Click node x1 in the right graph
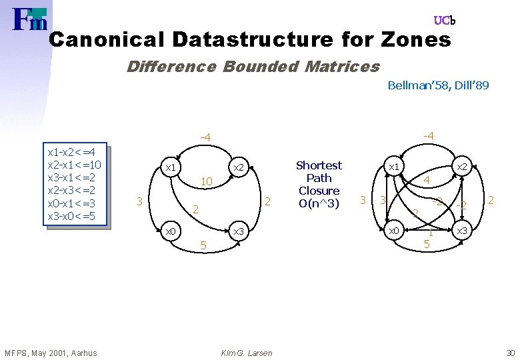[x=394, y=166]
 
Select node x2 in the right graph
[x=460, y=166]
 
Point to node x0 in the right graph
[x=394, y=231]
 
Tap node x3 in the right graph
[x=460, y=231]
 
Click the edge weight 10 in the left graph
[x=206, y=181]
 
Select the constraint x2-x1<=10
[x=75, y=165]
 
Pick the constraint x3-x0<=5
[x=72, y=216]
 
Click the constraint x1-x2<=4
[x=72, y=153]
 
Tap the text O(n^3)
[x=319, y=203]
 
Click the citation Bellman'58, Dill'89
[x=438, y=85]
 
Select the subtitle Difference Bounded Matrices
[x=253, y=67]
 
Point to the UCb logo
[x=444, y=21]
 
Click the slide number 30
[x=510, y=353]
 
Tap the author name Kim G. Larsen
[x=246, y=353]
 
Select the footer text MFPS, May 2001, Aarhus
[x=51, y=353]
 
